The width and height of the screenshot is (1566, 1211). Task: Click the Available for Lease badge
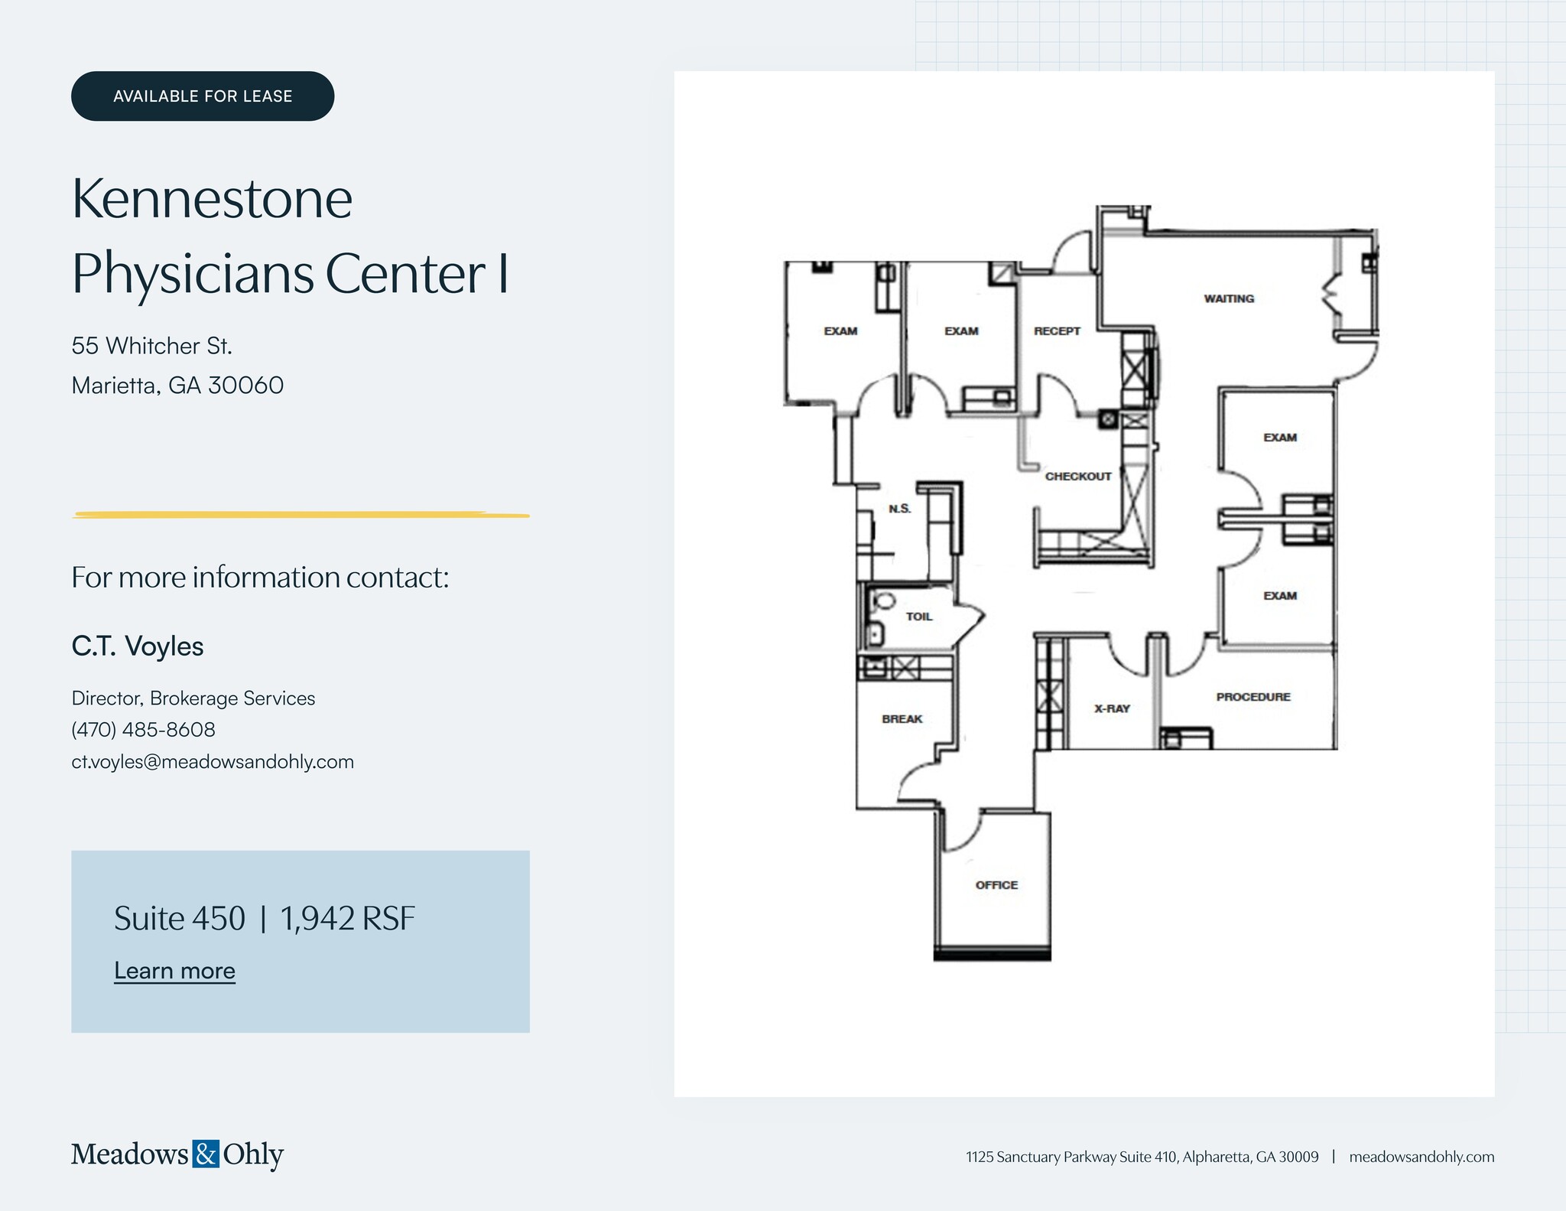pos(203,96)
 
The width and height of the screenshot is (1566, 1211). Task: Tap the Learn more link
pos(174,970)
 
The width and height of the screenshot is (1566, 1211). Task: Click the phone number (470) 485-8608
pos(143,730)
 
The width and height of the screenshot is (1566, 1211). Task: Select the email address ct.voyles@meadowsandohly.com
pos(213,762)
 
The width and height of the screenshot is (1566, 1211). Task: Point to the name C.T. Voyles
pos(138,646)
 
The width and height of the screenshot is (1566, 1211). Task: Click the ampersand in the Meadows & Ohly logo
pos(206,1154)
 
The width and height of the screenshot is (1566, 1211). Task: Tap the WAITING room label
pos(1229,298)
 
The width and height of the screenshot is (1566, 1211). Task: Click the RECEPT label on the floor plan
pos(1057,331)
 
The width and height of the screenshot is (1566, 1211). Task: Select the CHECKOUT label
pos(1078,477)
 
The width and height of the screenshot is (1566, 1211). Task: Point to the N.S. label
pos(900,509)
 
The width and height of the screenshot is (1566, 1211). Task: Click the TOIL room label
pos(919,617)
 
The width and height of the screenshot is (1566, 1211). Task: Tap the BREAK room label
pos(902,719)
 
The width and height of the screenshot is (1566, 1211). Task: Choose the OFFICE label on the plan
pos(996,885)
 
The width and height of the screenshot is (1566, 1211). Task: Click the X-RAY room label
pos(1112,708)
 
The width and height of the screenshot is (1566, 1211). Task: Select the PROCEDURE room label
pos(1253,697)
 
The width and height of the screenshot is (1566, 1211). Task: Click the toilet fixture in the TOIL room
pos(884,601)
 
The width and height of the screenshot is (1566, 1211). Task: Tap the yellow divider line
pos(301,515)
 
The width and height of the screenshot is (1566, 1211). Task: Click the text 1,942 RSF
pos(348,919)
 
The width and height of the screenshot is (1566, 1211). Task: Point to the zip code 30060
pos(245,385)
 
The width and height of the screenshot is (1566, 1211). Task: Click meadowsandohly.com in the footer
pos(1421,1157)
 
